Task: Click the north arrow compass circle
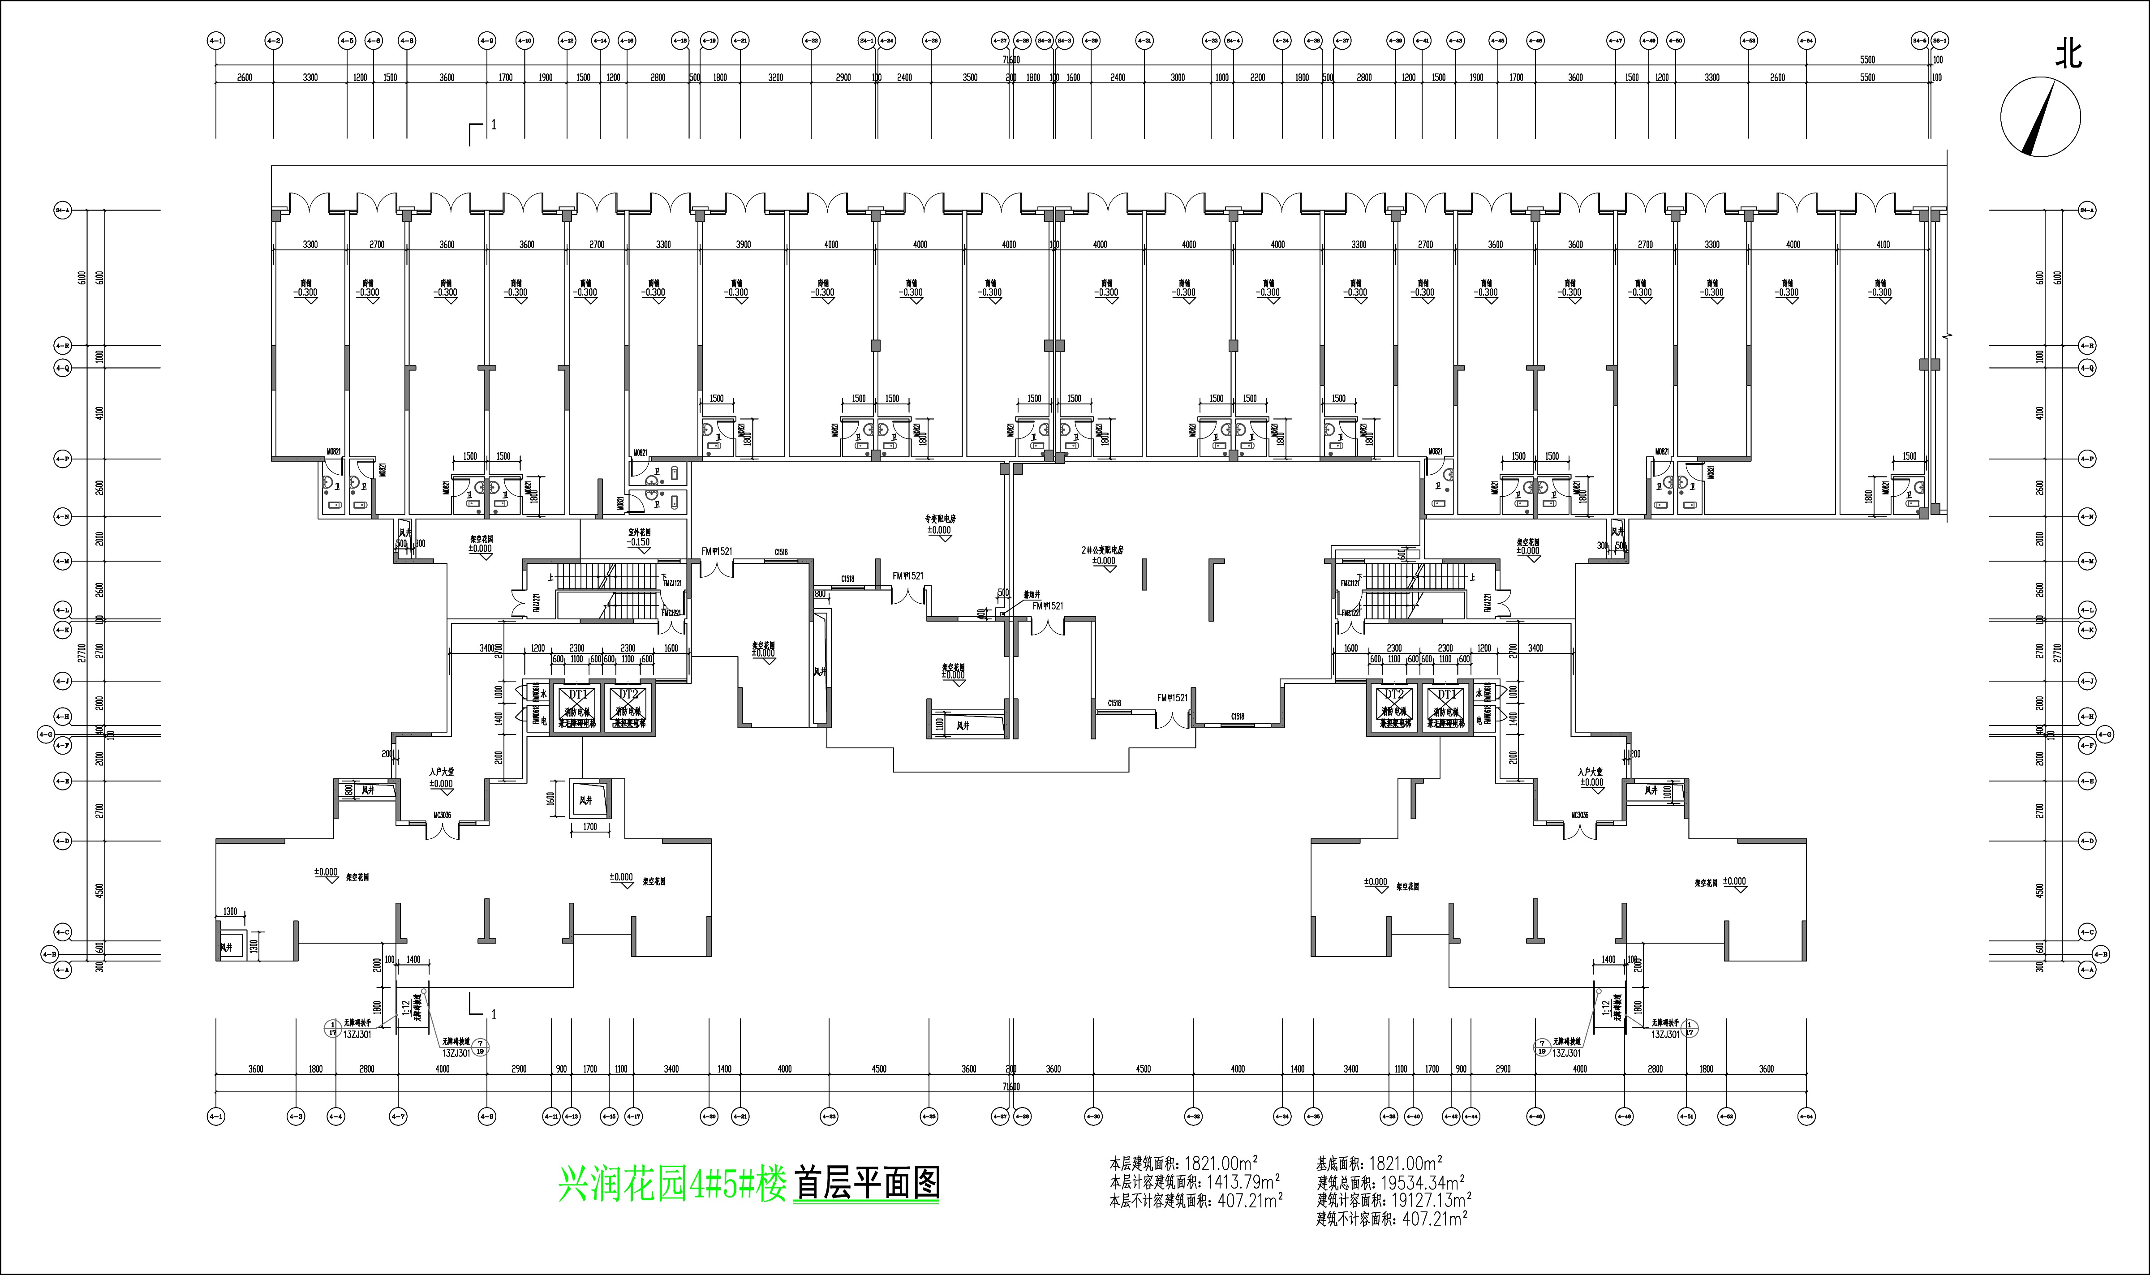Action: pos(2041,116)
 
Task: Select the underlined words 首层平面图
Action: pos(867,1184)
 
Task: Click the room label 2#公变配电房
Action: pos(1102,550)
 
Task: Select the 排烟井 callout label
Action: pos(1031,594)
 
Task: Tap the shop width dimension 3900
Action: pos(743,245)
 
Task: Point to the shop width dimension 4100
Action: pos(1883,245)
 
